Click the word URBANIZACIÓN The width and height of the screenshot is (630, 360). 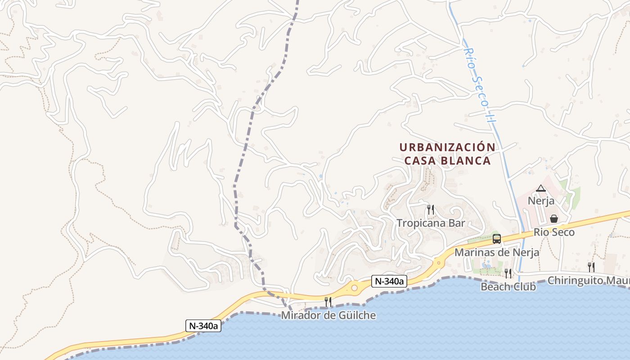[447, 147]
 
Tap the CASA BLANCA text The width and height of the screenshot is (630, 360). [447, 161]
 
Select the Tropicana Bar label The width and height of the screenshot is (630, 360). [430, 223]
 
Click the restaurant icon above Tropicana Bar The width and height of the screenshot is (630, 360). [431, 209]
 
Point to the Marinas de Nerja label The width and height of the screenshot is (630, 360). [496, 252]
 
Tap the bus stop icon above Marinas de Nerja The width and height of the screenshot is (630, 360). [497, 239]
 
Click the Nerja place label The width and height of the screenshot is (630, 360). [541, 201]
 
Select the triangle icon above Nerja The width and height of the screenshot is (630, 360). [541, 188]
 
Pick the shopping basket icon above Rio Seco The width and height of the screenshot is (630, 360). [554, 219]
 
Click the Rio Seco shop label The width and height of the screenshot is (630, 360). [554, 232]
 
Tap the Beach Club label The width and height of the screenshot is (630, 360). [508, 287]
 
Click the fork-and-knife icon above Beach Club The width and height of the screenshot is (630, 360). [508, 273]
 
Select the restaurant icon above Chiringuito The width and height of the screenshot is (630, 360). [591, 267]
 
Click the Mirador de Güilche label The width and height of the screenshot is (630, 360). [328, 315]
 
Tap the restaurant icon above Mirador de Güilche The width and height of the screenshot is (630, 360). [328, 301]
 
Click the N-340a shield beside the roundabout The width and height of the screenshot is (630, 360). [389, 282]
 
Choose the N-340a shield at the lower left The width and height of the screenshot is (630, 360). [203, 326]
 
